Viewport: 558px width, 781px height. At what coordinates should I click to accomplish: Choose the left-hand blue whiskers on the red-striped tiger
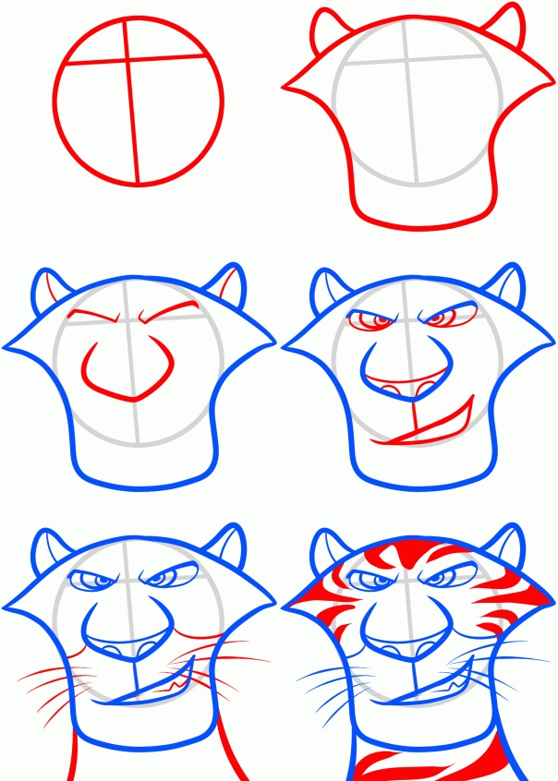[x=328, y=692]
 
